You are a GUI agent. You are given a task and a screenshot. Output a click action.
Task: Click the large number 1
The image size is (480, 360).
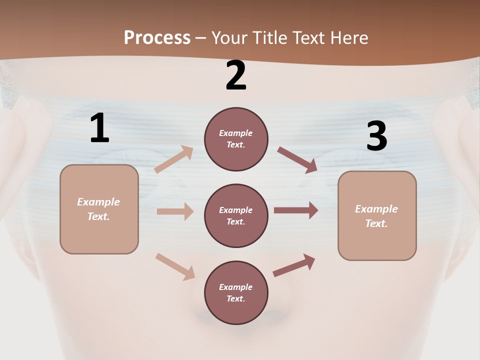pos(99,128)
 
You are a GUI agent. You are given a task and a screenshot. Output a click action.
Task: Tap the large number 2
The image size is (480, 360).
pos(236,75)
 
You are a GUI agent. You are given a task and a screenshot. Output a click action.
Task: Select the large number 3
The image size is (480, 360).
pos(376,136)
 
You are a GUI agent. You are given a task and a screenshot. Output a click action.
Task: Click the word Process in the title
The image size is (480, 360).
pos(157,37)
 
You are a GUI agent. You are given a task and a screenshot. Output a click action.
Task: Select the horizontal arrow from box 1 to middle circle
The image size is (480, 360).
pos(175,211)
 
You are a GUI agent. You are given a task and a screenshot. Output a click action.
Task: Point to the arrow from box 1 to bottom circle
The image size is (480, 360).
pos(175,266)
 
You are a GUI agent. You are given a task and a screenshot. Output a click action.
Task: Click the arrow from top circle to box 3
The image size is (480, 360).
pos(297,159)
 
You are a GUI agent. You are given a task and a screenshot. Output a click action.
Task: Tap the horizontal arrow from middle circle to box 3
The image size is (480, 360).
pos(295,210)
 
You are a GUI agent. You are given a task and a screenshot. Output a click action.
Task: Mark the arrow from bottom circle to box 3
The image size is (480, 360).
pos(294,265)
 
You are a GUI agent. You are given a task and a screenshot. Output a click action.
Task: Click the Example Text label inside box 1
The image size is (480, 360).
pos(98,209)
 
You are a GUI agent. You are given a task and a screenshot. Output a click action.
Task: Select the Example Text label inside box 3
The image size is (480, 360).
pos(376,216)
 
